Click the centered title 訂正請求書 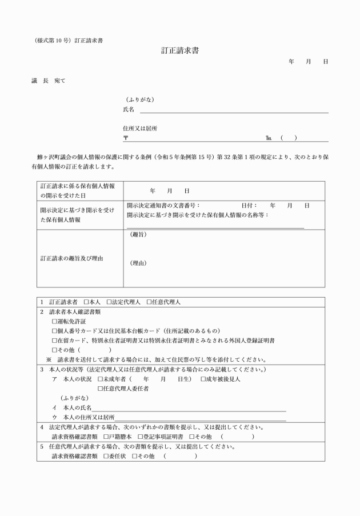pos(180,51)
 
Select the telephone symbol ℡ pos(269,138)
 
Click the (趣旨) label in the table pos(138,235)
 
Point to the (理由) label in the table pos(138,263)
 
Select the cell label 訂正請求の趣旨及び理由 pos(72,258)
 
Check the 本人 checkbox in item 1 pos(86,302)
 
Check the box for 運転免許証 pos(54,322)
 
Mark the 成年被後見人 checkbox pos(203,379)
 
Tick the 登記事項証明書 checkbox pos(140,437)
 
